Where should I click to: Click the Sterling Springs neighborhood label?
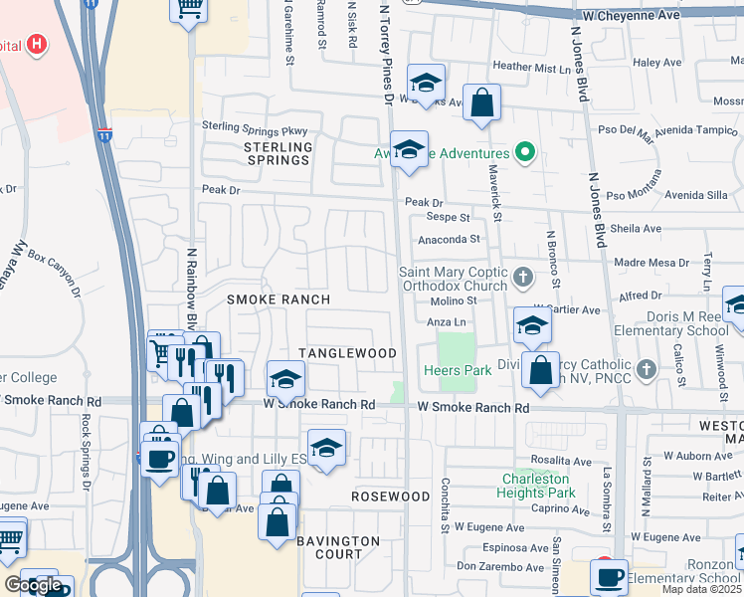[265, 153]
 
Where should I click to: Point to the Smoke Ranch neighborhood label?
[278, 299]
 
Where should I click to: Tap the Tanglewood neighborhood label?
[348, 353]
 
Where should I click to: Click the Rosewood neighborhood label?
[391, 496]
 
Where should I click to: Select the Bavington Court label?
[337, 547]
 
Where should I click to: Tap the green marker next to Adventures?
[527, 153]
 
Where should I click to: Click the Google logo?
[33, 585]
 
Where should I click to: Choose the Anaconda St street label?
[449, 239]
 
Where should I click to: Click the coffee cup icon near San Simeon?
[609, 575]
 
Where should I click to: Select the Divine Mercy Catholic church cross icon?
[647, 369]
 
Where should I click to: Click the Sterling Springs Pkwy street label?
[255, 127]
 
